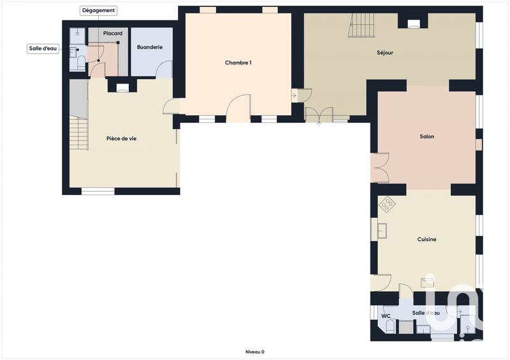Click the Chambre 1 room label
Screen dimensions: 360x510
238,62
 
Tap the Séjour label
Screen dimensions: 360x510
384,52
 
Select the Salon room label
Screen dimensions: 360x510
426,136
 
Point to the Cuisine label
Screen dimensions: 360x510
426,239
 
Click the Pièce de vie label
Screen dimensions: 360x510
121,138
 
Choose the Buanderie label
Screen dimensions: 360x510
150,47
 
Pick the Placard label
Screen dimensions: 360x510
113,33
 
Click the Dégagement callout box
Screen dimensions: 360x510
98,10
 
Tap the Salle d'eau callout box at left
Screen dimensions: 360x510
43,48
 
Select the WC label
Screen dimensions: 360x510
386,315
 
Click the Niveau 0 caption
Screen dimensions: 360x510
254,352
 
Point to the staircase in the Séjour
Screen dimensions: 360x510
362,25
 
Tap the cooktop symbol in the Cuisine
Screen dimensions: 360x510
387,205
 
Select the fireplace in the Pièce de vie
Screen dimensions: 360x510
123,88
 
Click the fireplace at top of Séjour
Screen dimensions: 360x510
413,24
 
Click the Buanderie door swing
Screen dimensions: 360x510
164,69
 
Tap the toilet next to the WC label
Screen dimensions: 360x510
389,327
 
